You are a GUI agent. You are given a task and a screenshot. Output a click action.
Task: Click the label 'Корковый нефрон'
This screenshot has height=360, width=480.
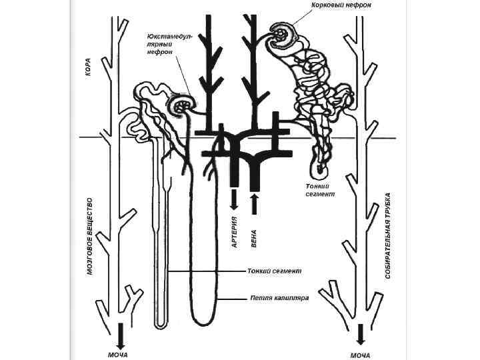[341, 5]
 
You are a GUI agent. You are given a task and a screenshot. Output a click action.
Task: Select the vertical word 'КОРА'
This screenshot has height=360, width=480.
[88, 67]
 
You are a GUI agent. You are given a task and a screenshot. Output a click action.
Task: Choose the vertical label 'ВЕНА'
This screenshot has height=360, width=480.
[253, 239]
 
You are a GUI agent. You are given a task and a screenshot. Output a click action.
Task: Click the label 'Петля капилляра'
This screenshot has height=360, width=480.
[280, 298]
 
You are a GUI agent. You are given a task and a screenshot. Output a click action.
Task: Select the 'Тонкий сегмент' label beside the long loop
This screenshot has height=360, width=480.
[275, 271]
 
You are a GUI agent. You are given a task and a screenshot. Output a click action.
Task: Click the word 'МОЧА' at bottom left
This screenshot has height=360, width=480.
[118, 355]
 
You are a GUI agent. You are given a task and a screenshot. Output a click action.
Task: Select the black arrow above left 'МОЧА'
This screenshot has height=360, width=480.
[120, 334]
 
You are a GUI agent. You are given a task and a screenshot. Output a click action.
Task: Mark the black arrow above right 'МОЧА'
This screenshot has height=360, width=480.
[361, 334]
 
